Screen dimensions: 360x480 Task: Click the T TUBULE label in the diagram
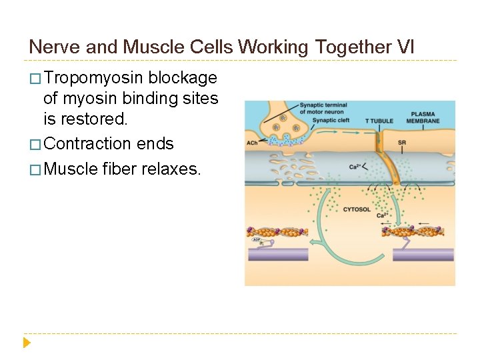[x=379, y=121]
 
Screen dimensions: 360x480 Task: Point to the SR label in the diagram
[x=401, y=143]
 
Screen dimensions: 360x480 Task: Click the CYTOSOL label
[x=357, y=209]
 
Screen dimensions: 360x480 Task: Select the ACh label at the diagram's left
[x=252, y=142]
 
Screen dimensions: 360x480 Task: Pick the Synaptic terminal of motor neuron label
[x=323, y=108]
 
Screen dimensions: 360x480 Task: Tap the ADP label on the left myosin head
[x=257, y=239]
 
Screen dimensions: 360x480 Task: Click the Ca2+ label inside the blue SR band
[x=355, y=167]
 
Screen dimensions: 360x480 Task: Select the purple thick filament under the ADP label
[x=277, y=254]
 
